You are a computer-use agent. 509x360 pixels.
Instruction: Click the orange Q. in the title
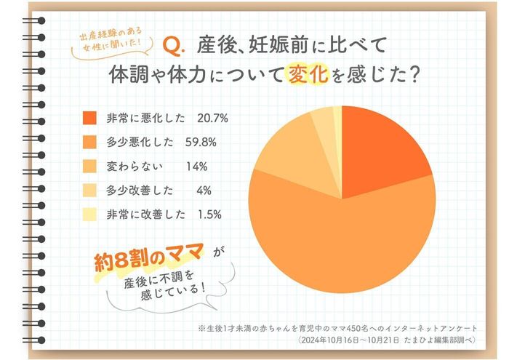(176, 47)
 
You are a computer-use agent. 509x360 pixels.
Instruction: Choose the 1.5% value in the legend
(209, 215)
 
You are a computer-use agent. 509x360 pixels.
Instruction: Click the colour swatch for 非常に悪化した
(91, 117)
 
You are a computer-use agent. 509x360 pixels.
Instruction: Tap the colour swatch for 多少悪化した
(91, 141)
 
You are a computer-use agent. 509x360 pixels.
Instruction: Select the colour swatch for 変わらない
(91, 166)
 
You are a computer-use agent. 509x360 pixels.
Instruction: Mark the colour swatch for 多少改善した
(91, 191)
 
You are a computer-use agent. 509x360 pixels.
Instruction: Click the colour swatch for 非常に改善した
(91, 215)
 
